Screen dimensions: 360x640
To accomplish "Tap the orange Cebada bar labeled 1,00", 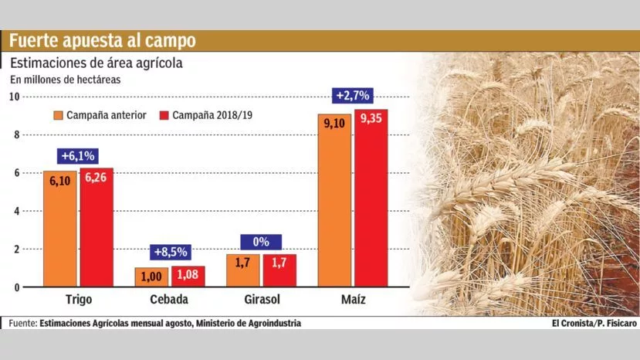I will click(151, 277).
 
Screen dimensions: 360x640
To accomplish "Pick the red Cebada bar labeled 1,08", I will click(187, 277).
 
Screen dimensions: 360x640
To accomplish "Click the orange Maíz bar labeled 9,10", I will click(334, 200).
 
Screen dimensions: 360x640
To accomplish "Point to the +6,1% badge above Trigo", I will click(79, 155).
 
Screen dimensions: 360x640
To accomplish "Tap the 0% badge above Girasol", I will click(261, 242).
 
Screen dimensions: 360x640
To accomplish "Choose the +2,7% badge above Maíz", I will click(353, 97).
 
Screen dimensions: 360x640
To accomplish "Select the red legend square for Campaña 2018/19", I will click(164, 116).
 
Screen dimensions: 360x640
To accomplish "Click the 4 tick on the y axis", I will click(17, 211).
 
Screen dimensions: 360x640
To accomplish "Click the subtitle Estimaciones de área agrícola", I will click(96, 63).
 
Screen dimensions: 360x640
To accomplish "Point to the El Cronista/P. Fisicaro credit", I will click(594, 324).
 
